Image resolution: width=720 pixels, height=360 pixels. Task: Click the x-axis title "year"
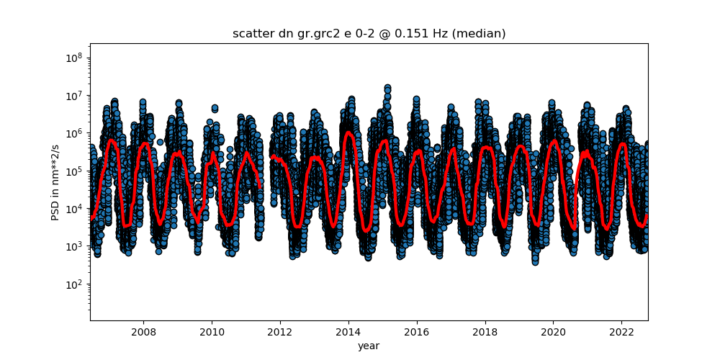point(369,346)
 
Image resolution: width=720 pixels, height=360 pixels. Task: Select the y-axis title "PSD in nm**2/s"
point(55,181)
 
